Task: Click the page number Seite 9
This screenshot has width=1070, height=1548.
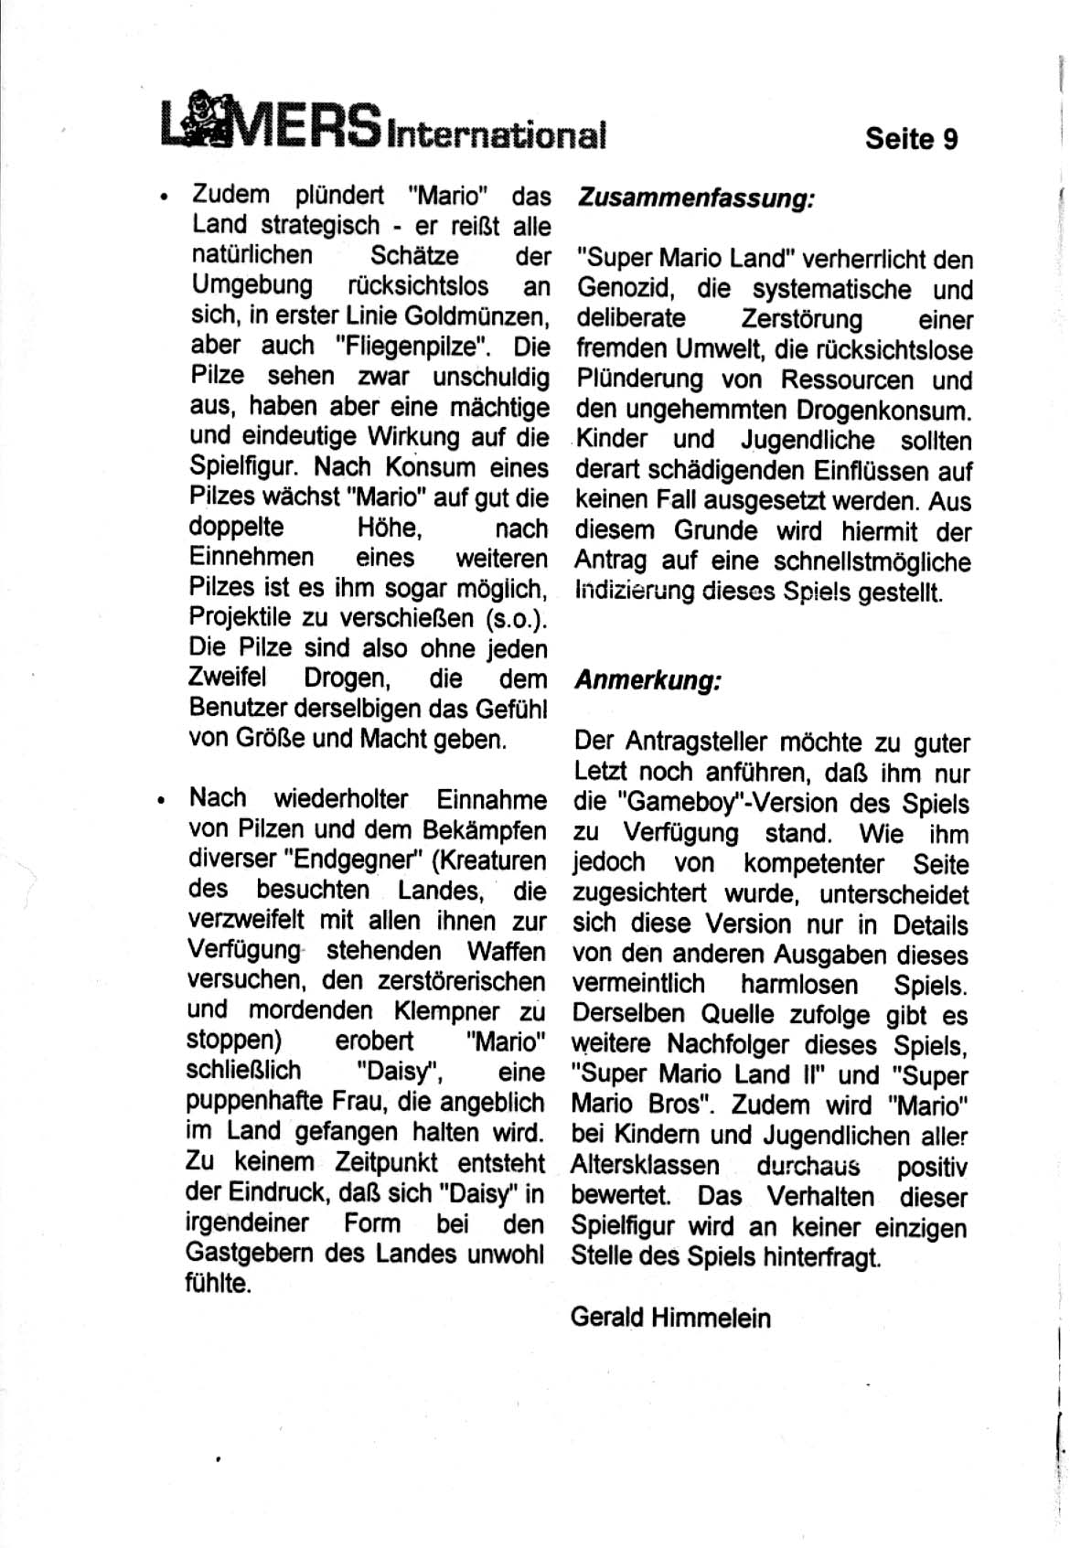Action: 911,139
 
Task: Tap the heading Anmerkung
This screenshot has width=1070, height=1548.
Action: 648,681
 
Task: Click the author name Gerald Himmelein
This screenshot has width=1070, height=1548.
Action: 670,1318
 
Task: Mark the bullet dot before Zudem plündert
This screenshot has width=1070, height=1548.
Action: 162,197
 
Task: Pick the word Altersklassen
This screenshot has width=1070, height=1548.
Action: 645,1166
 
